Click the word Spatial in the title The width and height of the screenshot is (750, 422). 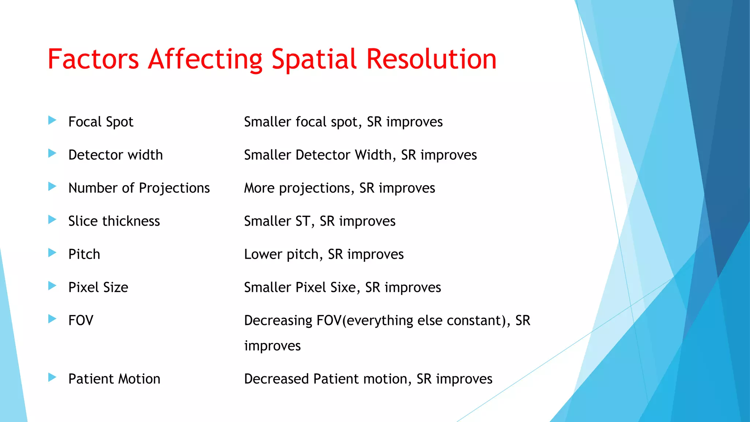pyautogui.click(x=313, y=59)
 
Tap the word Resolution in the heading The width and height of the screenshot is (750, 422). pyautogui.click(x=431, y=59)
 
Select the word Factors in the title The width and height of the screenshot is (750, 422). pyautogui.click(x=93, y=59)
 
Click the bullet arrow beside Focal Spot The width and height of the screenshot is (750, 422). pyautogui.click(x=52, y=120)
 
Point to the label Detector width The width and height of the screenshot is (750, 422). pyautogui.click(x=115, y=155)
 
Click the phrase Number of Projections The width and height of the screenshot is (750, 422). pyautogui.click(x=139, y=188)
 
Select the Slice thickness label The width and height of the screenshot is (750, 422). pyautogui.click(x=114, y=221)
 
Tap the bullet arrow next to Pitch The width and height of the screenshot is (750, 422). pyautogui.click(x=52, y=253)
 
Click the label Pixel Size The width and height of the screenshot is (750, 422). pyautogui.click(x=98, y=287)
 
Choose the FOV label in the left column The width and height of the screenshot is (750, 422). pyautogui.click(x=81, y=321)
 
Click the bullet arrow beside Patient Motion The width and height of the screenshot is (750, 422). pyautogui.click(x=52, y=377)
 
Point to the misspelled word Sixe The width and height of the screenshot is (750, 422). pyautogui.click(x=342, y=287)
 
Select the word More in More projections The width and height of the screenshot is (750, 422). pyautogui.click(x=259, y=188)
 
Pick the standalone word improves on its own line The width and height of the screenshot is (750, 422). pyautogui.click(x=272, y=346)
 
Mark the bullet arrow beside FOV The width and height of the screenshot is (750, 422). pyautogui.click(x=52, y=319)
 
